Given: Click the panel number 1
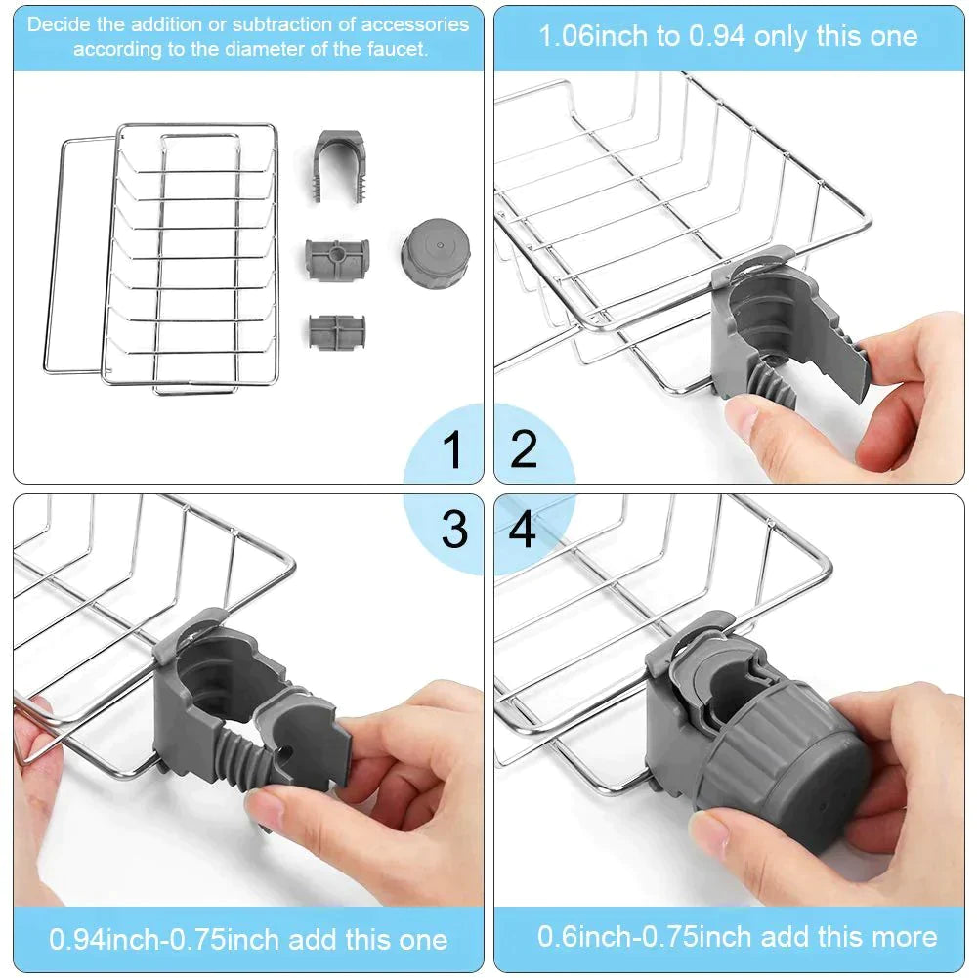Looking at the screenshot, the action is (451, 449).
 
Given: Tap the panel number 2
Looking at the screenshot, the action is (524, 449).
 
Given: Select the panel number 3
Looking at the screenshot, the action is (454, 529).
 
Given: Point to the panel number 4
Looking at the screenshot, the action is (523, 529).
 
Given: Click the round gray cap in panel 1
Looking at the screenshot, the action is (436, 253).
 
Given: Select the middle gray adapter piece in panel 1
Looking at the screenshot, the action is (337, 259).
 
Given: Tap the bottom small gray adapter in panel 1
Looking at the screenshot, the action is (337, 332).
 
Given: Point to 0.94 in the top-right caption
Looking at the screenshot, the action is (716, 36).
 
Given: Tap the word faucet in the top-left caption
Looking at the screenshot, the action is (397, 49).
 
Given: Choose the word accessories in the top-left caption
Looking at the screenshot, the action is (415, 24).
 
